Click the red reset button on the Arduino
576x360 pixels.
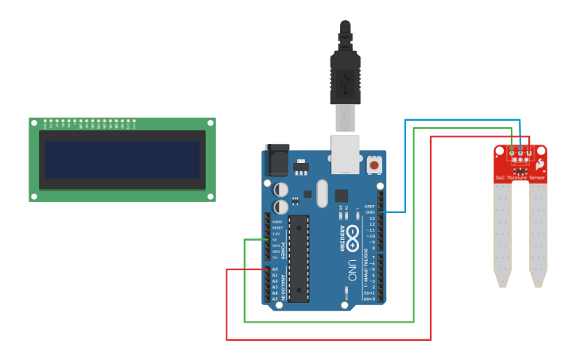[x=373, y=165]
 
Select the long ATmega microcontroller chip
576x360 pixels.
[x=298, y=258]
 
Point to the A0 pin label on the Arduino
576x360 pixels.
[x=275, y=269]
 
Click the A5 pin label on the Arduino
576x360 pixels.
[x=275, y=299]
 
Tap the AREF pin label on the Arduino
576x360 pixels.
[x=369, y=207]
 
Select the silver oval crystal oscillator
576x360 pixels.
[x=321, y=193]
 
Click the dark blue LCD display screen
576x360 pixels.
[x=122, y=159]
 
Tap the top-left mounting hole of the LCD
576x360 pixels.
[x=34, y=123]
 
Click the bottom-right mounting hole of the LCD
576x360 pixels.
[x=211, y=195]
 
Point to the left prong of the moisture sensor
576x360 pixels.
[x=502, y=234]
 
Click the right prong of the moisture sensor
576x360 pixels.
[x=538, y=234]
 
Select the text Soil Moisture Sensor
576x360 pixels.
[x=520, y=178]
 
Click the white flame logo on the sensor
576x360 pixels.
[x=539, y=164]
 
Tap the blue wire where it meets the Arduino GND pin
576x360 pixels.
[x=381, y=212]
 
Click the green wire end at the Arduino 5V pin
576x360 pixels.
[x=267, y=239]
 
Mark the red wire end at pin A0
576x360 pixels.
[x=267, y=269]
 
